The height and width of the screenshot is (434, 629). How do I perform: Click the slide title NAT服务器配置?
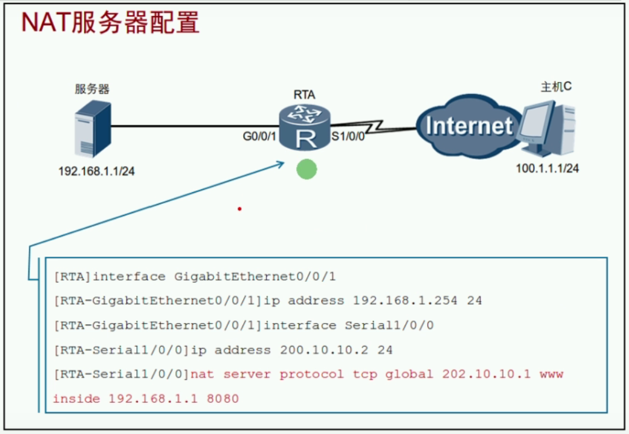(x=110, y=23)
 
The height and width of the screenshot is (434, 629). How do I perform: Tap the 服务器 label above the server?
(x=92, y=89)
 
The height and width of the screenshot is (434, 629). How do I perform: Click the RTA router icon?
(x=305, y=127)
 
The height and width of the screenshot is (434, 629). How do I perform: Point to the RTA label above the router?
(x=304, y=95)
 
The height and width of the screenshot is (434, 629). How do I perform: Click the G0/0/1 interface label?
(x=259, y=138)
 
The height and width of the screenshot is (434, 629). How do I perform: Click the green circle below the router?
(x=306, y=170)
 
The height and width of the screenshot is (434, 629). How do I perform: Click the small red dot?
(x=240, y=208)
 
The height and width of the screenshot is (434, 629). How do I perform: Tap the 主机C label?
(x=556, y=87)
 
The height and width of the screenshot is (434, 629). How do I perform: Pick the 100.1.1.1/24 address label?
(x=547, y=169)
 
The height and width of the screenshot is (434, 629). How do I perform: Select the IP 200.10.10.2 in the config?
(x=325, y=350)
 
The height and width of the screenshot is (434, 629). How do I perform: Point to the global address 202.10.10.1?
(x=487, y=374)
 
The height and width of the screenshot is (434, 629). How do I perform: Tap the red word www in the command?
(x=551, y=374)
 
